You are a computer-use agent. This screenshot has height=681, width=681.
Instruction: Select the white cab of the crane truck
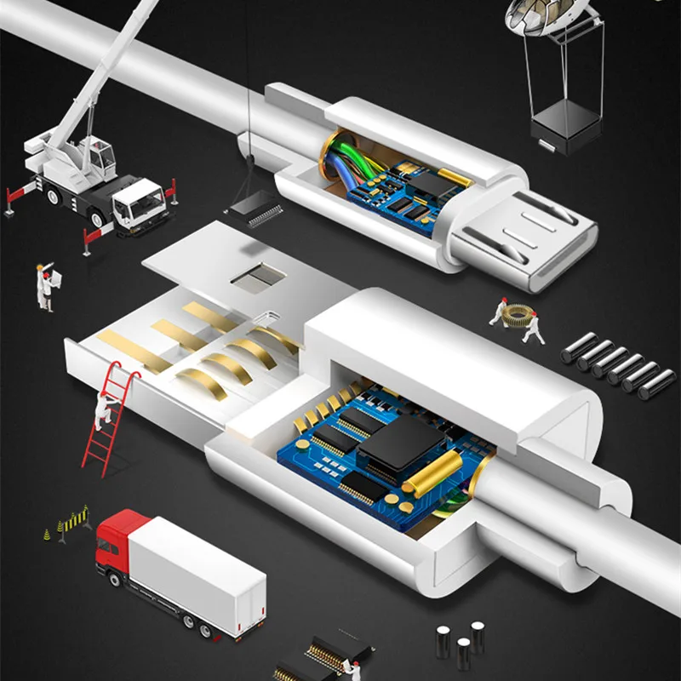click(x=136, y=204)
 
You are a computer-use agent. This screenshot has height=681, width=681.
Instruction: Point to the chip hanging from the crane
click(x=254, y=206)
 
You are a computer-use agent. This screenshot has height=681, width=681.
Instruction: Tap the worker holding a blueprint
click(x=45, y=285)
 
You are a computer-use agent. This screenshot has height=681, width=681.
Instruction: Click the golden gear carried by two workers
click(x=516, y=317)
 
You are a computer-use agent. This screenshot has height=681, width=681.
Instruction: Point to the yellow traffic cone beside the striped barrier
click(x=47, y=535)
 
